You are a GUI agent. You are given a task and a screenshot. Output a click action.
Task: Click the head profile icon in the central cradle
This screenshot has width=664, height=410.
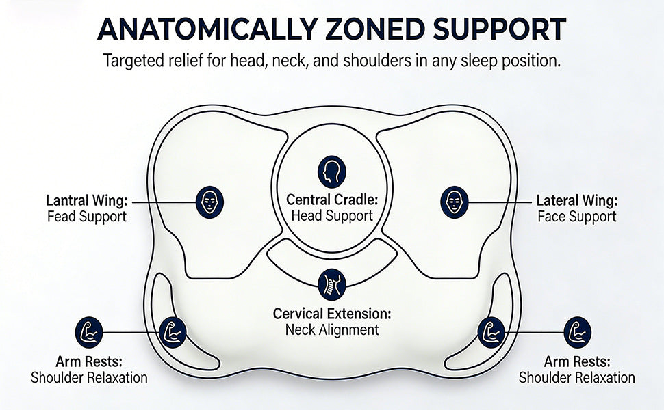[332, 172]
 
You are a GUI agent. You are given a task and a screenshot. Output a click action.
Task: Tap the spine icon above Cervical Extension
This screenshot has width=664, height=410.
[332, 284]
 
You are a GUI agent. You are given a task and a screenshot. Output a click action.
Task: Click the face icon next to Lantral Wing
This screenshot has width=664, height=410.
[209, 202]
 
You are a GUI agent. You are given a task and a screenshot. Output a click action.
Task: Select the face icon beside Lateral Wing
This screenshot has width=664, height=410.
[455, 202]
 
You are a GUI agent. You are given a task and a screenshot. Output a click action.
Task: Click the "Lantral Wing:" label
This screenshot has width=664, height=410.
[87, 200]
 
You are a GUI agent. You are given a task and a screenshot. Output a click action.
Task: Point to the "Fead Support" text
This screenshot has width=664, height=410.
[87, 217]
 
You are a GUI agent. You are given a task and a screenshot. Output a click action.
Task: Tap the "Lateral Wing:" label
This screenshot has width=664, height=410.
[577, 200]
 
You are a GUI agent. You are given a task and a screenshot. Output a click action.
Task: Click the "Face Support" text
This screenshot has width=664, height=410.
[577, 217]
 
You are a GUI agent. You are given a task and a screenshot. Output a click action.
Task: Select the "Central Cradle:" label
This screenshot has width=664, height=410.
[332, 200]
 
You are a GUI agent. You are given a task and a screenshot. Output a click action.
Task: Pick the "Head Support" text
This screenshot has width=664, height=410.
[332, 215]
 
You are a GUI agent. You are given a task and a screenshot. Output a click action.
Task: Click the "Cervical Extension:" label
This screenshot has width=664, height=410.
[332, 314]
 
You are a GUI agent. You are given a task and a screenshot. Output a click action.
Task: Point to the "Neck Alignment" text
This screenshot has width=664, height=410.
[332, 329]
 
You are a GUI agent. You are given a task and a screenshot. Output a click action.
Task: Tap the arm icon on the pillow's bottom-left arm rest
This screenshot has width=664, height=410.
[173, 332]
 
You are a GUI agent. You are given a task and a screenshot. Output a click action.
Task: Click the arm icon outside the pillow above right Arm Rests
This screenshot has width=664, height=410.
[578, 332]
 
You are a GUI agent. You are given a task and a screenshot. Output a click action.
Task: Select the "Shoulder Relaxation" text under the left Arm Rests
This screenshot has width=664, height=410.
[90, 377]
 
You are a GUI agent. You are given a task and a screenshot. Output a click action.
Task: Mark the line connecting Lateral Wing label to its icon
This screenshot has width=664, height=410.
[500, 202]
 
